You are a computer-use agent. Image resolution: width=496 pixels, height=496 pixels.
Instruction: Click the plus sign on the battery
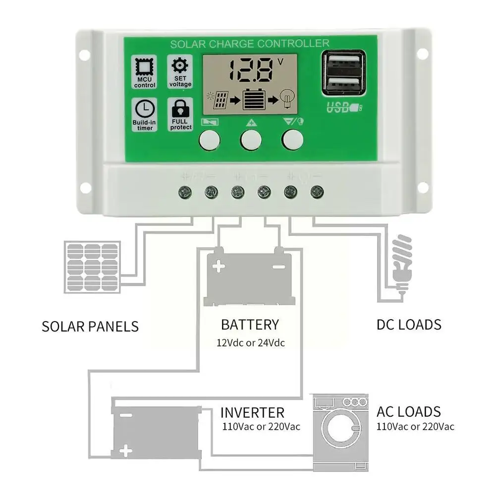coord(219,267)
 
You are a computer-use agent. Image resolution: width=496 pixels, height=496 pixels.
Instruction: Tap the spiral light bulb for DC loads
coord(401,263)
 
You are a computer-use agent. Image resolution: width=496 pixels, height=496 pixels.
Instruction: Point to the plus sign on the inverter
coord(127,451)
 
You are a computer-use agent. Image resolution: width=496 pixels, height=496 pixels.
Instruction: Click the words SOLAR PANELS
coord(90,327)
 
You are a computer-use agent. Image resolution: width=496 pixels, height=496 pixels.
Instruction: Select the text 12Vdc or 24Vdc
coord(250,342)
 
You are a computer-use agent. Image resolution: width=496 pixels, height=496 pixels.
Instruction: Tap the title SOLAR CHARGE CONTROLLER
coord(249,44)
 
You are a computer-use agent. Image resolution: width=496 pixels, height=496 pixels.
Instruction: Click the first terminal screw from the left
coord(185,191)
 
